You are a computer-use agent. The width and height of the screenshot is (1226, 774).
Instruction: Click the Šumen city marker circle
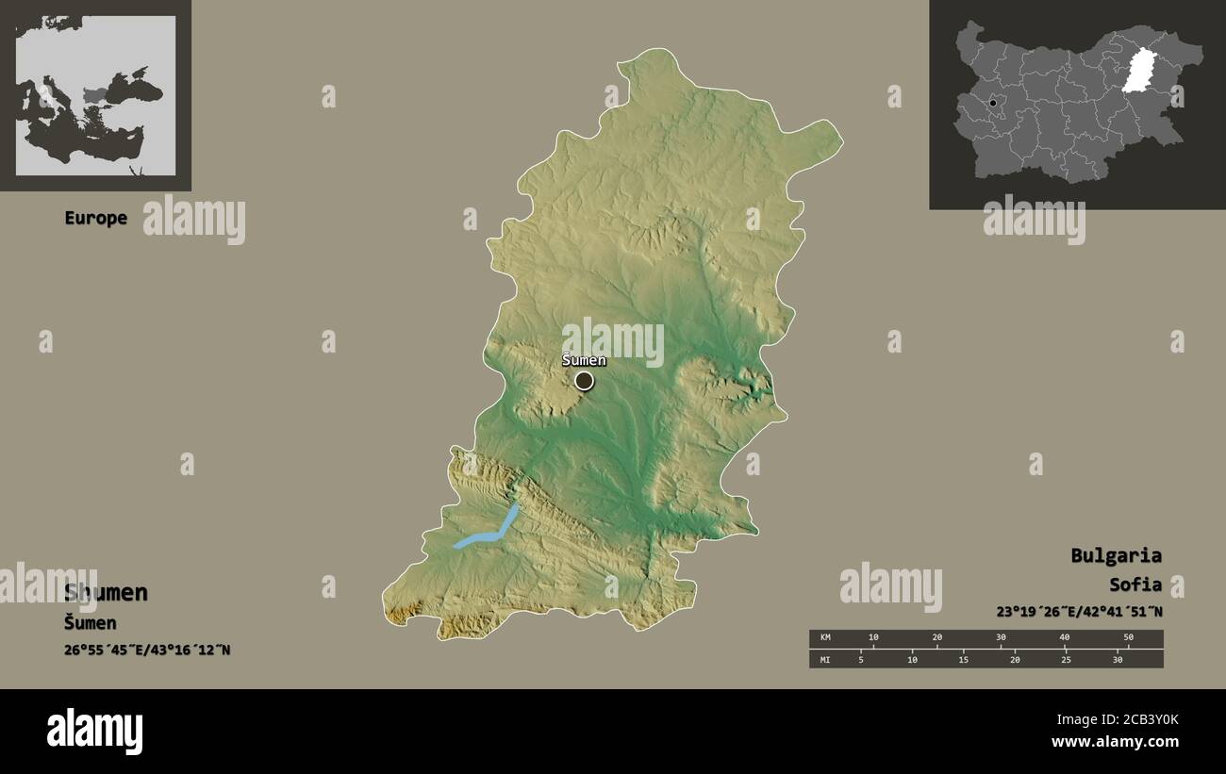click(x=585, y=381)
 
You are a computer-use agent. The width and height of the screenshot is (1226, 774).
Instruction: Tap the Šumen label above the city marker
click(x=584, y=360)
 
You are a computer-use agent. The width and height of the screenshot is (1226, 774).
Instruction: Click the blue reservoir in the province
click(x=489, y=532)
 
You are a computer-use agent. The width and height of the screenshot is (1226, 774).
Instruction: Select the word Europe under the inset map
click(x=95, y=218)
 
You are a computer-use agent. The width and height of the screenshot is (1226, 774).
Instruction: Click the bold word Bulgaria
click(x=1116, y=555)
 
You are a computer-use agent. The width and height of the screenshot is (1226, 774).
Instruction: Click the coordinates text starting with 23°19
click(x=1079, y=611)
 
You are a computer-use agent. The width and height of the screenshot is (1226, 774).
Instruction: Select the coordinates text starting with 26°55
click(x=147, y=650)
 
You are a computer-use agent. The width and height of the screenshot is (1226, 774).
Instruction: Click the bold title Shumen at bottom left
click(x=106, y=592)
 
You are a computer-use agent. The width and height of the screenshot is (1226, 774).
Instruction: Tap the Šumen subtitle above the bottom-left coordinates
click(x=91, y=622)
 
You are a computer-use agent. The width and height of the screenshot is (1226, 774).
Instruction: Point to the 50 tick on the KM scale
click(x=1128, y=638)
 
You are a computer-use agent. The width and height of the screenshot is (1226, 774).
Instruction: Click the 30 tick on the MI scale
click(x=1118, y=659)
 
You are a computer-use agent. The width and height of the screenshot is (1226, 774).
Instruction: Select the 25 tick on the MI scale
click(x=1066, y=659)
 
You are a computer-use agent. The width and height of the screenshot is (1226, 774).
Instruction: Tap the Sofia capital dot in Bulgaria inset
click(x=993, y=103)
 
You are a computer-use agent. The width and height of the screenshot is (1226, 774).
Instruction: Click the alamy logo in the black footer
click(x=94, y=732)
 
